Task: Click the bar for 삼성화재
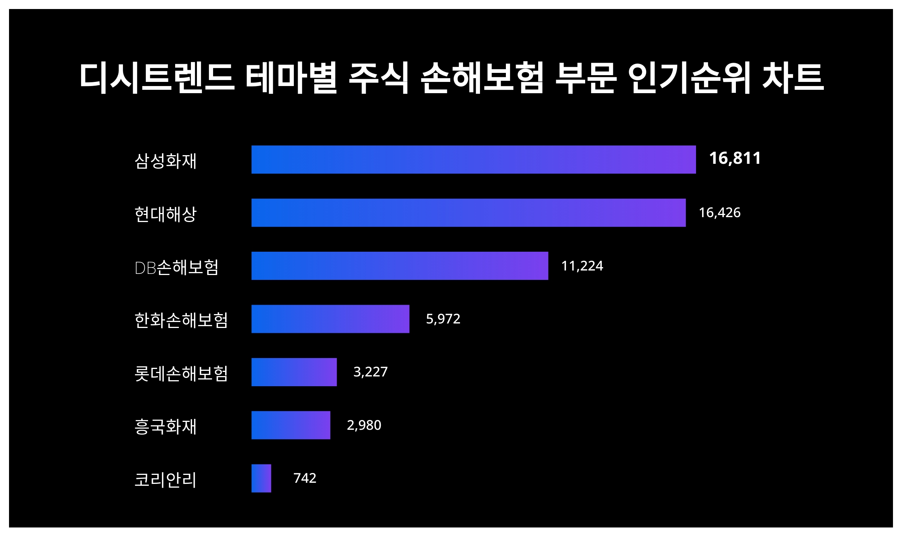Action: (474, 160)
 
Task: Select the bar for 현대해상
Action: (468, 213)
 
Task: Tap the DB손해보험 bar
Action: (400, 266)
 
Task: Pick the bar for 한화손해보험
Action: (330, 319)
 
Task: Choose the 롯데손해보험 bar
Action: (294, 372)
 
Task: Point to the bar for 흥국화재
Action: (291, 425)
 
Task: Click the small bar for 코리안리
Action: (261, 478)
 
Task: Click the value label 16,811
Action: (735, 158)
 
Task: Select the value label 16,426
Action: (719, 213)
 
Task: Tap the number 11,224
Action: (582, 266)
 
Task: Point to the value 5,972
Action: (443, 319)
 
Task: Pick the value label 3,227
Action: (370, 372)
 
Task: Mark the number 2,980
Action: (364, 425)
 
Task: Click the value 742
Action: (305, 478)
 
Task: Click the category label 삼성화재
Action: (166, 161)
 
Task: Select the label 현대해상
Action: (166, 214)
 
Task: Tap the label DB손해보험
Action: (176, 267)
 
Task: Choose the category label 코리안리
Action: (166, 480)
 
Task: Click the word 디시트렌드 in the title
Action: (157, 78)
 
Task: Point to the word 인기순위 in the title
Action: (689, 78)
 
